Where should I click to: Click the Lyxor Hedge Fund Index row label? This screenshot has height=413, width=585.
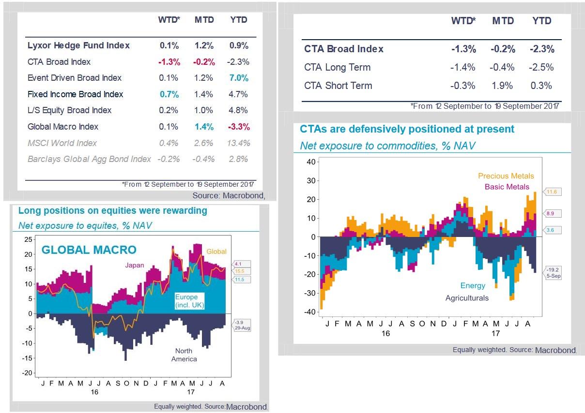78,45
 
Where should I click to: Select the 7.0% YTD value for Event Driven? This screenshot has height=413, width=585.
239,78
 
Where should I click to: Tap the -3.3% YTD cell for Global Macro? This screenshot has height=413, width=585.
239,127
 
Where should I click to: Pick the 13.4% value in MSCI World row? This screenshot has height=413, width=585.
238,143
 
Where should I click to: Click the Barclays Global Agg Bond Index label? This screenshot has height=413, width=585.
89,159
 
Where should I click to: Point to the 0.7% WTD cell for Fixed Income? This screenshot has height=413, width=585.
169,94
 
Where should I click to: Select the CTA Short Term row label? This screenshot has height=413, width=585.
338,86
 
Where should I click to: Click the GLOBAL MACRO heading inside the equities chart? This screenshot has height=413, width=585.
89,250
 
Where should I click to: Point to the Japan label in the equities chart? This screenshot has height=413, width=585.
135,265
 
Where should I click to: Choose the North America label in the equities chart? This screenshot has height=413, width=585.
184,355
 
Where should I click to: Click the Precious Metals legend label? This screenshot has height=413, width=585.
506,177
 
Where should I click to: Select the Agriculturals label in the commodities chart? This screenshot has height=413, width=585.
467,298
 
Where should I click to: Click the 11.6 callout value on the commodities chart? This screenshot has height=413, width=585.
552,192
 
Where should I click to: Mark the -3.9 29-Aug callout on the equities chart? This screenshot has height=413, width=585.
242,325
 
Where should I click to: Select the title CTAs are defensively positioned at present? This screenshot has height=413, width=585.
407,129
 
